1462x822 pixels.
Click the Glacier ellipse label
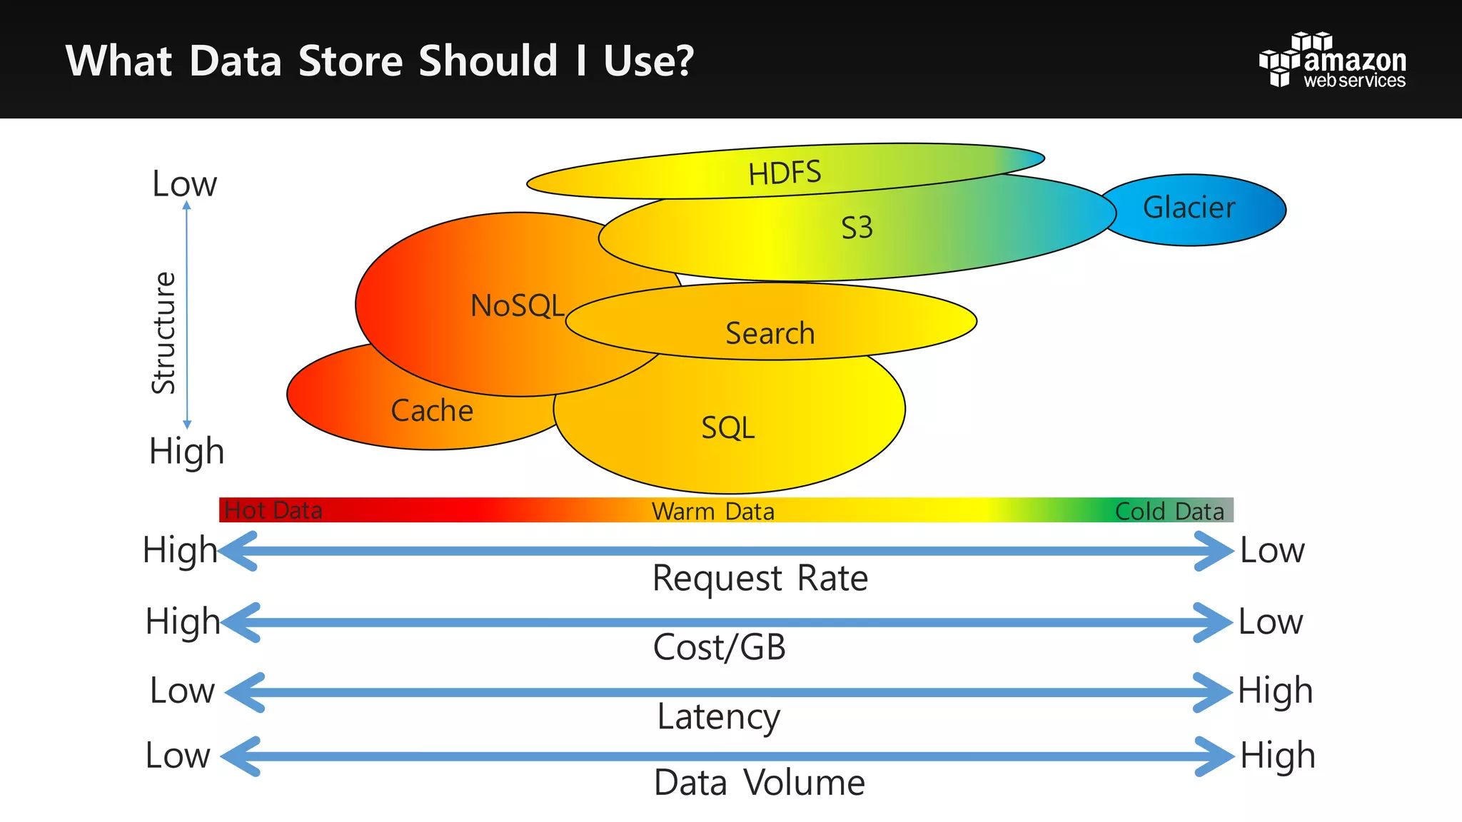[x=1189, y=208]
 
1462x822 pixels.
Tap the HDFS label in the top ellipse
[x=785, y=173]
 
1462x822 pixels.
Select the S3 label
[x=857, y=228]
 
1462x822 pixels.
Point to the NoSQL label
[x=517, y=305]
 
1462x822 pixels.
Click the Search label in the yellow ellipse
[x=770, y=333]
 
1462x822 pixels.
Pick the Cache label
[x=432, y=411]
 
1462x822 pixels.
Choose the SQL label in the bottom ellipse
[x=727, y=428]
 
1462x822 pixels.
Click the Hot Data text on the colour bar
[x=273, y=510]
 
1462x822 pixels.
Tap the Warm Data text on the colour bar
[x=712, y=511]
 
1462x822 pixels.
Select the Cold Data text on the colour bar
[x=1169, y=511]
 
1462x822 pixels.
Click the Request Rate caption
[x=760, y=578]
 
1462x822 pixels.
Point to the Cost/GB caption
[x=719, y=647]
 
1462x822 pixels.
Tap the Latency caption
[x=718, y=716]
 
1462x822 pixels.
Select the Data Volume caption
[x=759, y=783]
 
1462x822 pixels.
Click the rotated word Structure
[x=164, y=333]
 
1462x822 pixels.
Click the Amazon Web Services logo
[x=1332, y=61]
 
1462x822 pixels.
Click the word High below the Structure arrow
[x=186, y=452]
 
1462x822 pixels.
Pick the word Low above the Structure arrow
[x=184, y=184]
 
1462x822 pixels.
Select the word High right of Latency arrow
[x=1275, y=691]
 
